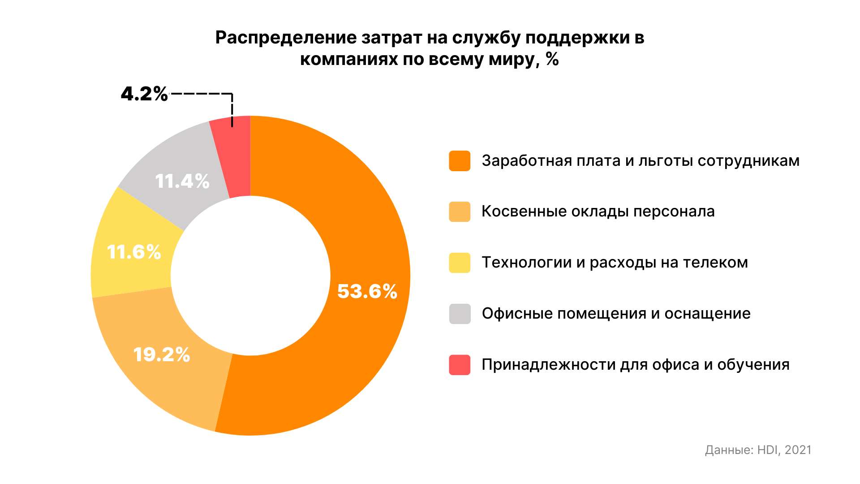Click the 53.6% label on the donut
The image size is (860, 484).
367,291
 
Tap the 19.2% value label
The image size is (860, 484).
162,354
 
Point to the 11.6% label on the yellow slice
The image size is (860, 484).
134,252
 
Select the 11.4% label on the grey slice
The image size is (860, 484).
182,181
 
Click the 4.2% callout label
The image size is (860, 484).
144,94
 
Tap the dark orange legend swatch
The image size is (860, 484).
460,161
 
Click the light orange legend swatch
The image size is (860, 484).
460,212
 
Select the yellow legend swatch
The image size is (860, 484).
460,263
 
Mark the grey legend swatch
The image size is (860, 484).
460,314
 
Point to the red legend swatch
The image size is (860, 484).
460,365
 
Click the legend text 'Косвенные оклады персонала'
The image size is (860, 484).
598,212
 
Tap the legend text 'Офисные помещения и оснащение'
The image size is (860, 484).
616,314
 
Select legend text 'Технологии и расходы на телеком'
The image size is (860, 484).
615,263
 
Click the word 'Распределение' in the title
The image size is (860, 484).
286,38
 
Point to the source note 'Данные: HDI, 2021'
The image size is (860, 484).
758,450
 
